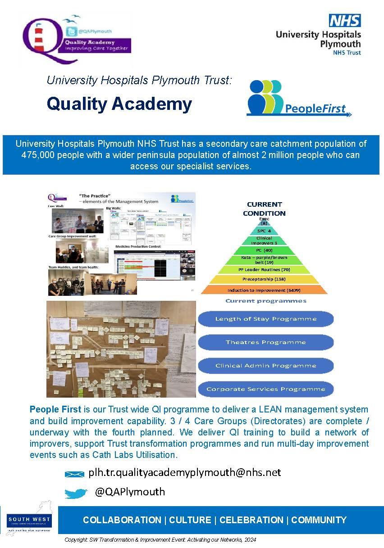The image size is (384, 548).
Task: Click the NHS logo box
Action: pos(344,20)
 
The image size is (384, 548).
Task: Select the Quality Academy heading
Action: pos(119,104)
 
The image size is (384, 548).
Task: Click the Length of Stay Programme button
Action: pos(265,319)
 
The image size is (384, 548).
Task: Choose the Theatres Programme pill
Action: pos(265,342)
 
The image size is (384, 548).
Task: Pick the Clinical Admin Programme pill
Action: pos(265,366)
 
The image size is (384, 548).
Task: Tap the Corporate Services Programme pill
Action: pos(265,389)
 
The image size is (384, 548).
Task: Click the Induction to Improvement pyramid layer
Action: pos(264,290)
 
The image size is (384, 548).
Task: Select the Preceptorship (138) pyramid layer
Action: pos(264,279)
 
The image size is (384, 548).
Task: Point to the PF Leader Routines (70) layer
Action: pos(264,269)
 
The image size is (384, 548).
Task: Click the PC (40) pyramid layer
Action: pos(264,250)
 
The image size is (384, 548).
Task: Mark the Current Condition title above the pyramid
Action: pos(264,208)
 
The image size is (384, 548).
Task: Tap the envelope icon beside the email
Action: pos(74,474)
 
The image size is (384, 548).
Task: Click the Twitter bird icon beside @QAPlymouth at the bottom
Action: pos(76,494)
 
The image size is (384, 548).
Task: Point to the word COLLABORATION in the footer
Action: pos(122,520)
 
